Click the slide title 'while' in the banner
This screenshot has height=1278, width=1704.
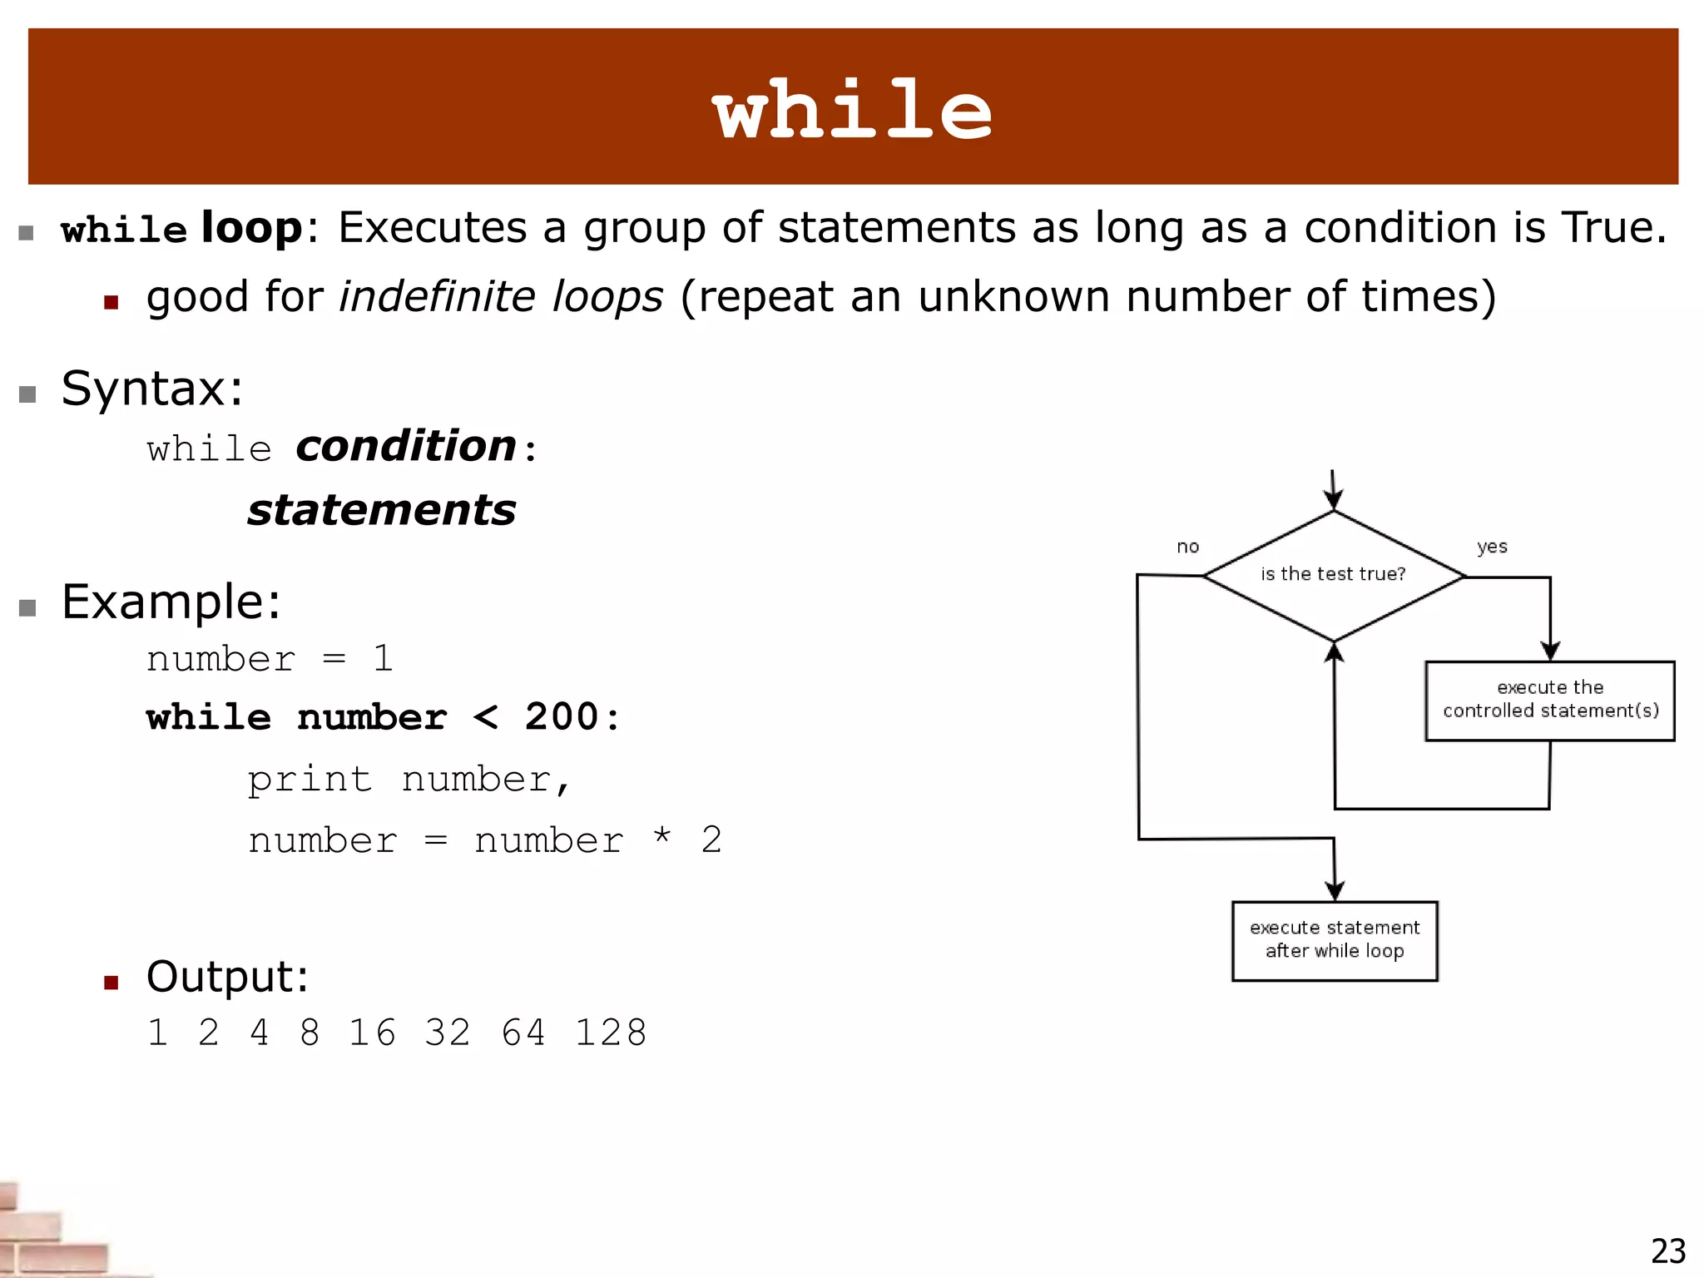[853, 109]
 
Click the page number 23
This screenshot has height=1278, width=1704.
[1668, 1251]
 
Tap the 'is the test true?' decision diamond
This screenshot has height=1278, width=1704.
[1334, 575]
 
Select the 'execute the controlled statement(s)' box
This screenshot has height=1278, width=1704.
[1550, 700]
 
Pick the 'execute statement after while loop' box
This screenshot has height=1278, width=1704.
[1335, 940]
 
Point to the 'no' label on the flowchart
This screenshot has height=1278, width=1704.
[1187, 547]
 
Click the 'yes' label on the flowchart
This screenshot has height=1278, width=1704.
[1492, 547]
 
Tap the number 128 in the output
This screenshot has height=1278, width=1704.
[611, 1033]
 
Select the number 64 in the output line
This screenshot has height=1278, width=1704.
[523, 1033]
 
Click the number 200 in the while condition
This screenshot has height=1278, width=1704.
[562, 717]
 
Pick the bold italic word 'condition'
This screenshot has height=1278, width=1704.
[407, 446]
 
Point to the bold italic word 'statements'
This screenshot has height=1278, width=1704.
[382, 510]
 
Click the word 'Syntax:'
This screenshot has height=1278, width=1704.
[152, 389]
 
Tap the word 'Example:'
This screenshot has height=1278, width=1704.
[171, 602]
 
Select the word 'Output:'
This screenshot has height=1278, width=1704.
[227, 977]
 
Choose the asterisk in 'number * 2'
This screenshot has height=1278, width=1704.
[662, 837]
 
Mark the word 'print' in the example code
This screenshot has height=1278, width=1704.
[310, 780]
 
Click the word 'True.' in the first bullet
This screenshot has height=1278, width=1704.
[1613, 227]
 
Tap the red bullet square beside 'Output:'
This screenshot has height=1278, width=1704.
[111, 983]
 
